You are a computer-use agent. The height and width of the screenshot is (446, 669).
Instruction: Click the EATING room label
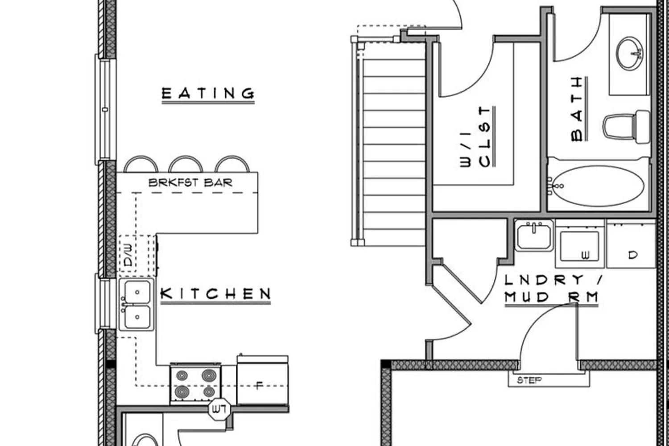point(208,94)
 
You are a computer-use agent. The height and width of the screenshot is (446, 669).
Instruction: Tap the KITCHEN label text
point(215,294)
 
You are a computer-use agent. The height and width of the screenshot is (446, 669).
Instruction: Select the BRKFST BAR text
point(190,182)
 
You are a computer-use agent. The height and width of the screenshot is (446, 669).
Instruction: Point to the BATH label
point(577,109)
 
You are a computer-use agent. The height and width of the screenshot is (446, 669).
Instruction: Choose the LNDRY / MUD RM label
point(552,289)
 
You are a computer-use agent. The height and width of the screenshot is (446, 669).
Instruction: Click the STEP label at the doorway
point(529,380)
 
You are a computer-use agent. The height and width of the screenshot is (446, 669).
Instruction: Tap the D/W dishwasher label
point(128,255)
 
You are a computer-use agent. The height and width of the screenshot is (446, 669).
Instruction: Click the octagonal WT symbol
point(220,409)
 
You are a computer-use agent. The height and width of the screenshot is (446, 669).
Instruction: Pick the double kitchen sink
point(137,305)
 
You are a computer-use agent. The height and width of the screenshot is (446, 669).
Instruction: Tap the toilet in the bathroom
point(626,127)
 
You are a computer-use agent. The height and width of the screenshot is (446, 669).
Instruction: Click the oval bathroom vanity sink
point(630,54)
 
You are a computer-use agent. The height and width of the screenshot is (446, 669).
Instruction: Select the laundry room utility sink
point(534,235)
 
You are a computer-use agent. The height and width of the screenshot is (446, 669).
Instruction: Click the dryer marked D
point(631,244)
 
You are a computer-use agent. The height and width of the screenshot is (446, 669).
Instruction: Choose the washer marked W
point(580,244)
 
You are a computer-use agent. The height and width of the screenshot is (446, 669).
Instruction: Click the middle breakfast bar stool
point(186,164)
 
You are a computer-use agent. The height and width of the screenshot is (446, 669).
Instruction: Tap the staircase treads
point(394,144)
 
